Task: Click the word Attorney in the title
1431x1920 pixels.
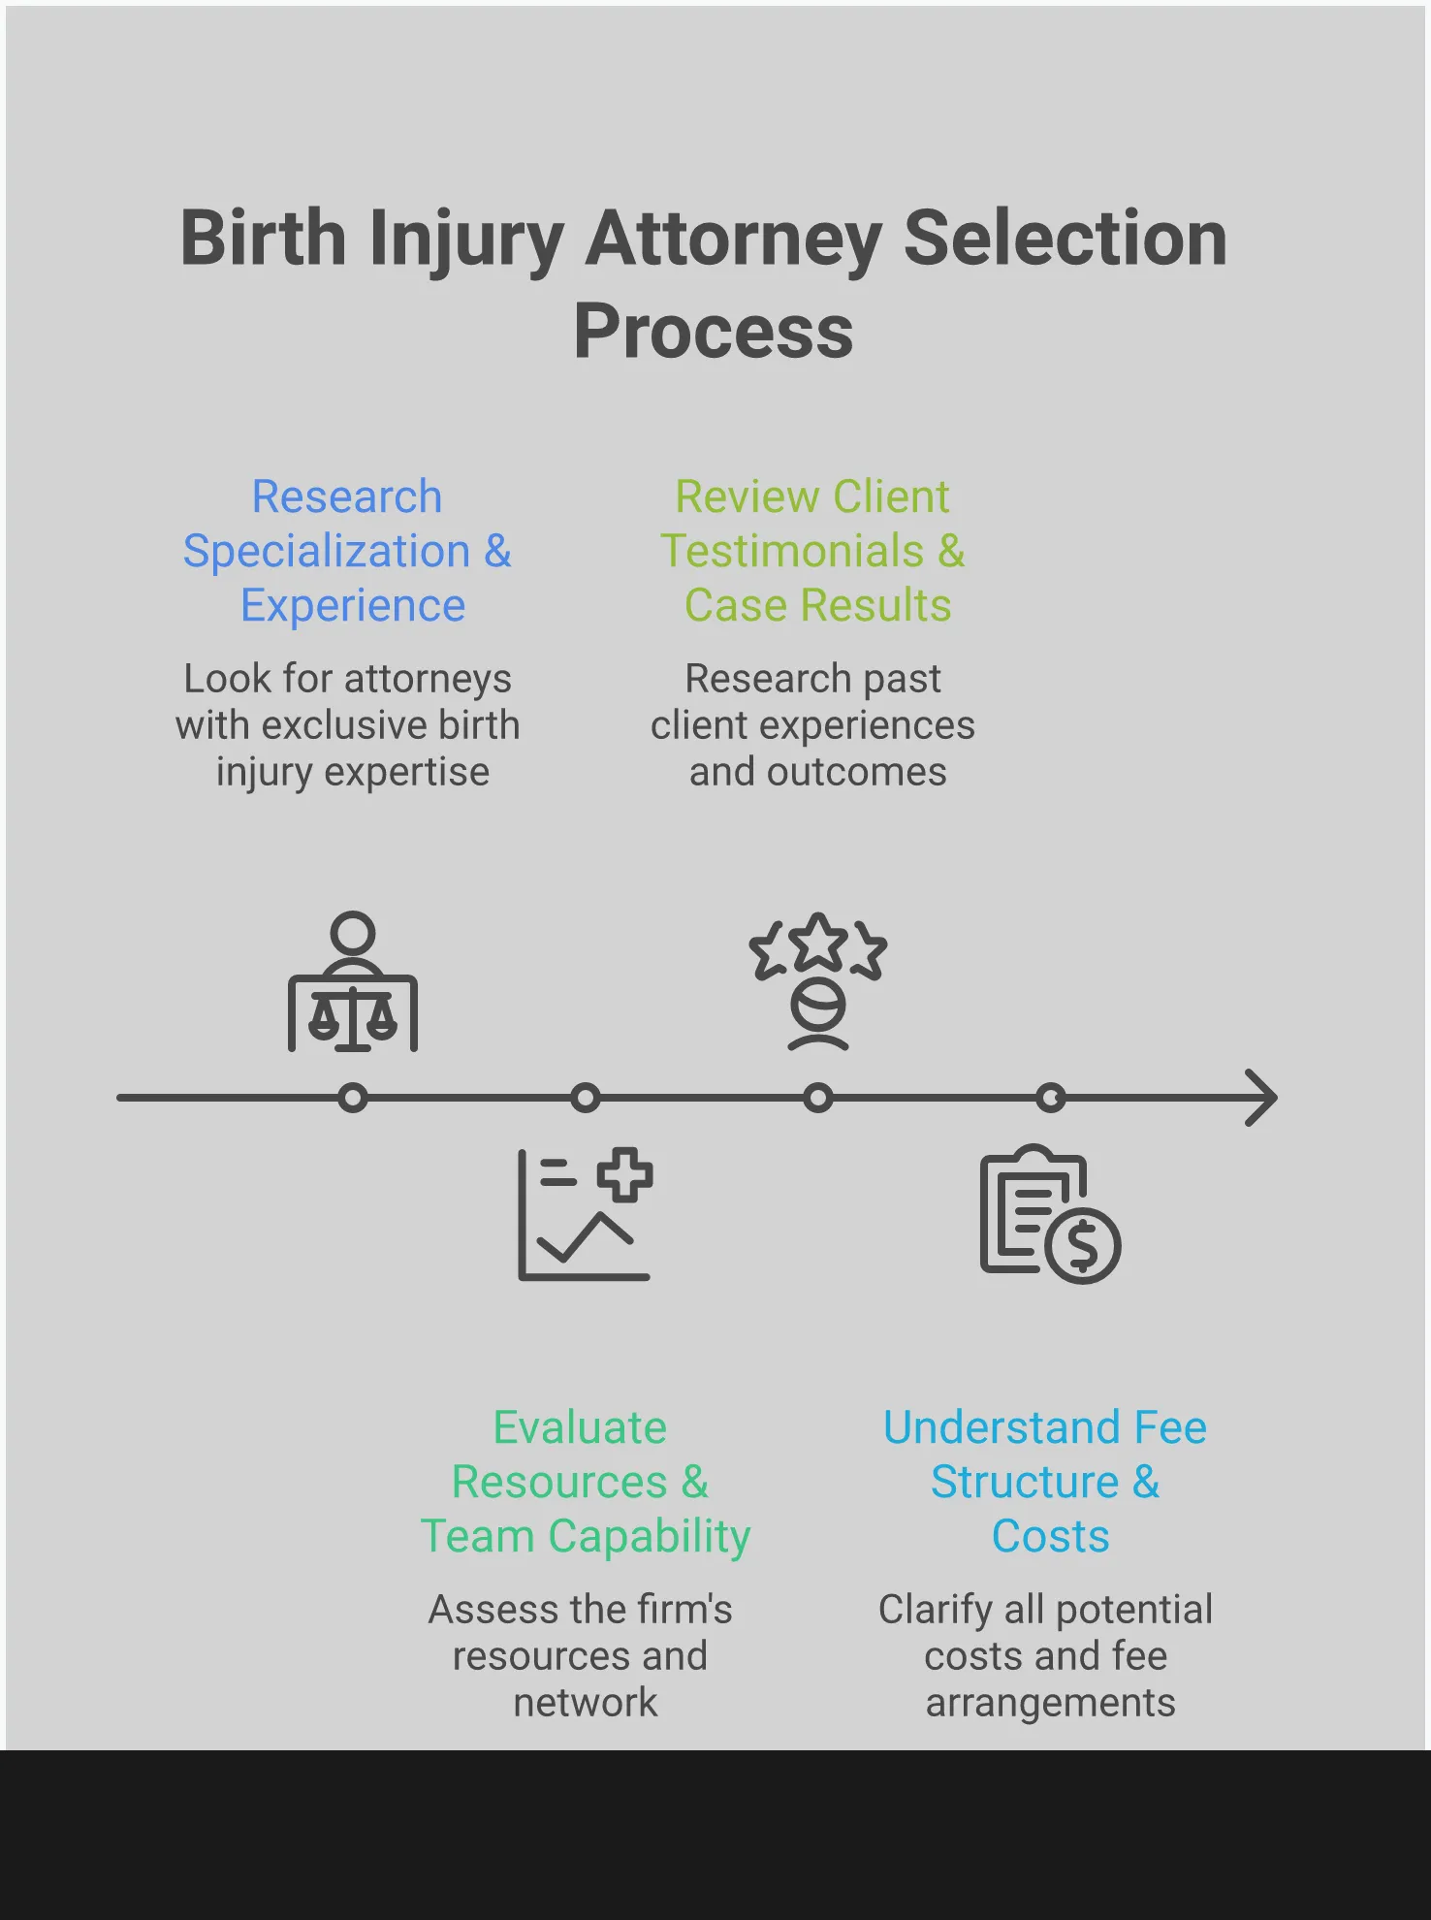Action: (x=733, y=239)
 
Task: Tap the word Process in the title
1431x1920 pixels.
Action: (x=714, y=332)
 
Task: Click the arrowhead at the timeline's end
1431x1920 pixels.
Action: (x=1262, y=1098)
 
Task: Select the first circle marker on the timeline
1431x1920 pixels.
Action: (x=353, y=1098)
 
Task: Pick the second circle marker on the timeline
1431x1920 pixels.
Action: (x=585, y=1098)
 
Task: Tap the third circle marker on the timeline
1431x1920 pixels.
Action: (x=818, y=1098)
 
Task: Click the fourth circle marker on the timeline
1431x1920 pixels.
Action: (x=1050, y=1098)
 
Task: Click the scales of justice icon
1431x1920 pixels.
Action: (x=353, y=1018)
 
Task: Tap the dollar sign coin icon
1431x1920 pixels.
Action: (x=1083, y=1245)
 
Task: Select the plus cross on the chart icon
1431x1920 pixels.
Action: (x=624, y=1174)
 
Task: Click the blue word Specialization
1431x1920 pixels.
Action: (x=327, y=552)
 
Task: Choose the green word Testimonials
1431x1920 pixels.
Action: (x=792, y=552)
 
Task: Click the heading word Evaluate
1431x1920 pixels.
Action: (x=580, y=1427)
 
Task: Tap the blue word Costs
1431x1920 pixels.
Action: (x=1050, y=1536)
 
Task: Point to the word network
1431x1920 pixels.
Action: (x=585, y=1703)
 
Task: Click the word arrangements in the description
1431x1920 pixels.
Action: (x=1050, y=1703)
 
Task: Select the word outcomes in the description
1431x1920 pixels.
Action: (x=856, y=773)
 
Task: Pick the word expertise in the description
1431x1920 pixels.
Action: (x=406, y=773)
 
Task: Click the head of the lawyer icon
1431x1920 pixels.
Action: (x=353, y=933)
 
